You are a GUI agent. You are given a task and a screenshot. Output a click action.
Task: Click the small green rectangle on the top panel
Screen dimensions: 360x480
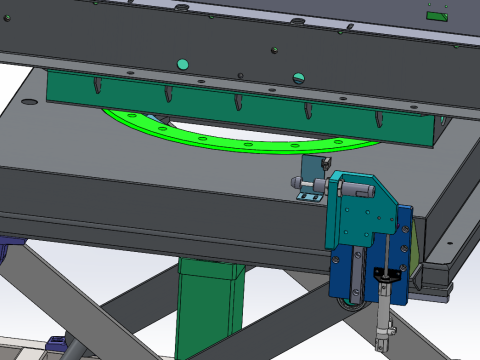pyautogui.click(x=436, y=16)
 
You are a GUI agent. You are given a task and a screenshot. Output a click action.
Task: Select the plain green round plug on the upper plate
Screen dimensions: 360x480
pyautogui.click(x=182, y=64)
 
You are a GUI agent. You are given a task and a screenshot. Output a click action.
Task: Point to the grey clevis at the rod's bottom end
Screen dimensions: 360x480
pyautogui.click(x=381, y=336)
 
